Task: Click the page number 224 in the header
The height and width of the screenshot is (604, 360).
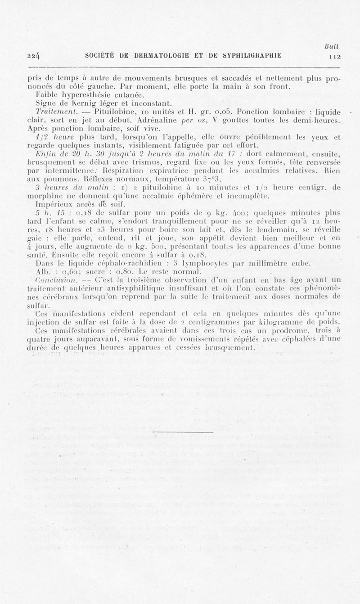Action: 33,56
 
